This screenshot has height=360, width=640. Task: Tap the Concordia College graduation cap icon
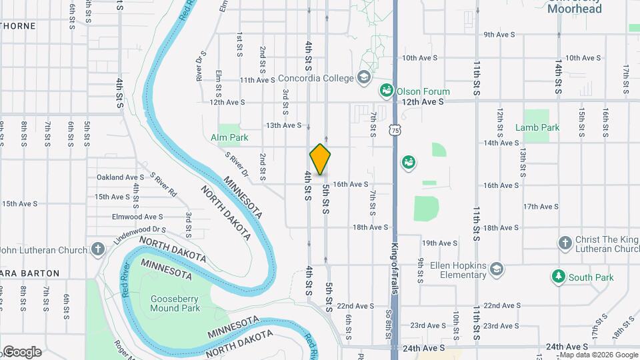click(363, 78)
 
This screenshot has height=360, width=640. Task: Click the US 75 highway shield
click(396, 131)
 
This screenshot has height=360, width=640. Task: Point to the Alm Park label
click(229, 137)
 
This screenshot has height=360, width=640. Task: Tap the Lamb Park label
click(537, 127)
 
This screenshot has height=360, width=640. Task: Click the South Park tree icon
click(558, 276)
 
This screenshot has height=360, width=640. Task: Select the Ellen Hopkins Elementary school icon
click(496, 269)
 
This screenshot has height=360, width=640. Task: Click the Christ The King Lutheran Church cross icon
click(565, 243)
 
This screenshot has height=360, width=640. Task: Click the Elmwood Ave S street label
click(137, 217)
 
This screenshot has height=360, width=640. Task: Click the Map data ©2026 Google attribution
click(598, 355)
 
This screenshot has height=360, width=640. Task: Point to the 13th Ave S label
click(283, 125)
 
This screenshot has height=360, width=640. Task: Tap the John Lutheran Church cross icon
click(98, 250)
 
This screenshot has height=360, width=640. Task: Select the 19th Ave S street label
click(439, 243)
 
